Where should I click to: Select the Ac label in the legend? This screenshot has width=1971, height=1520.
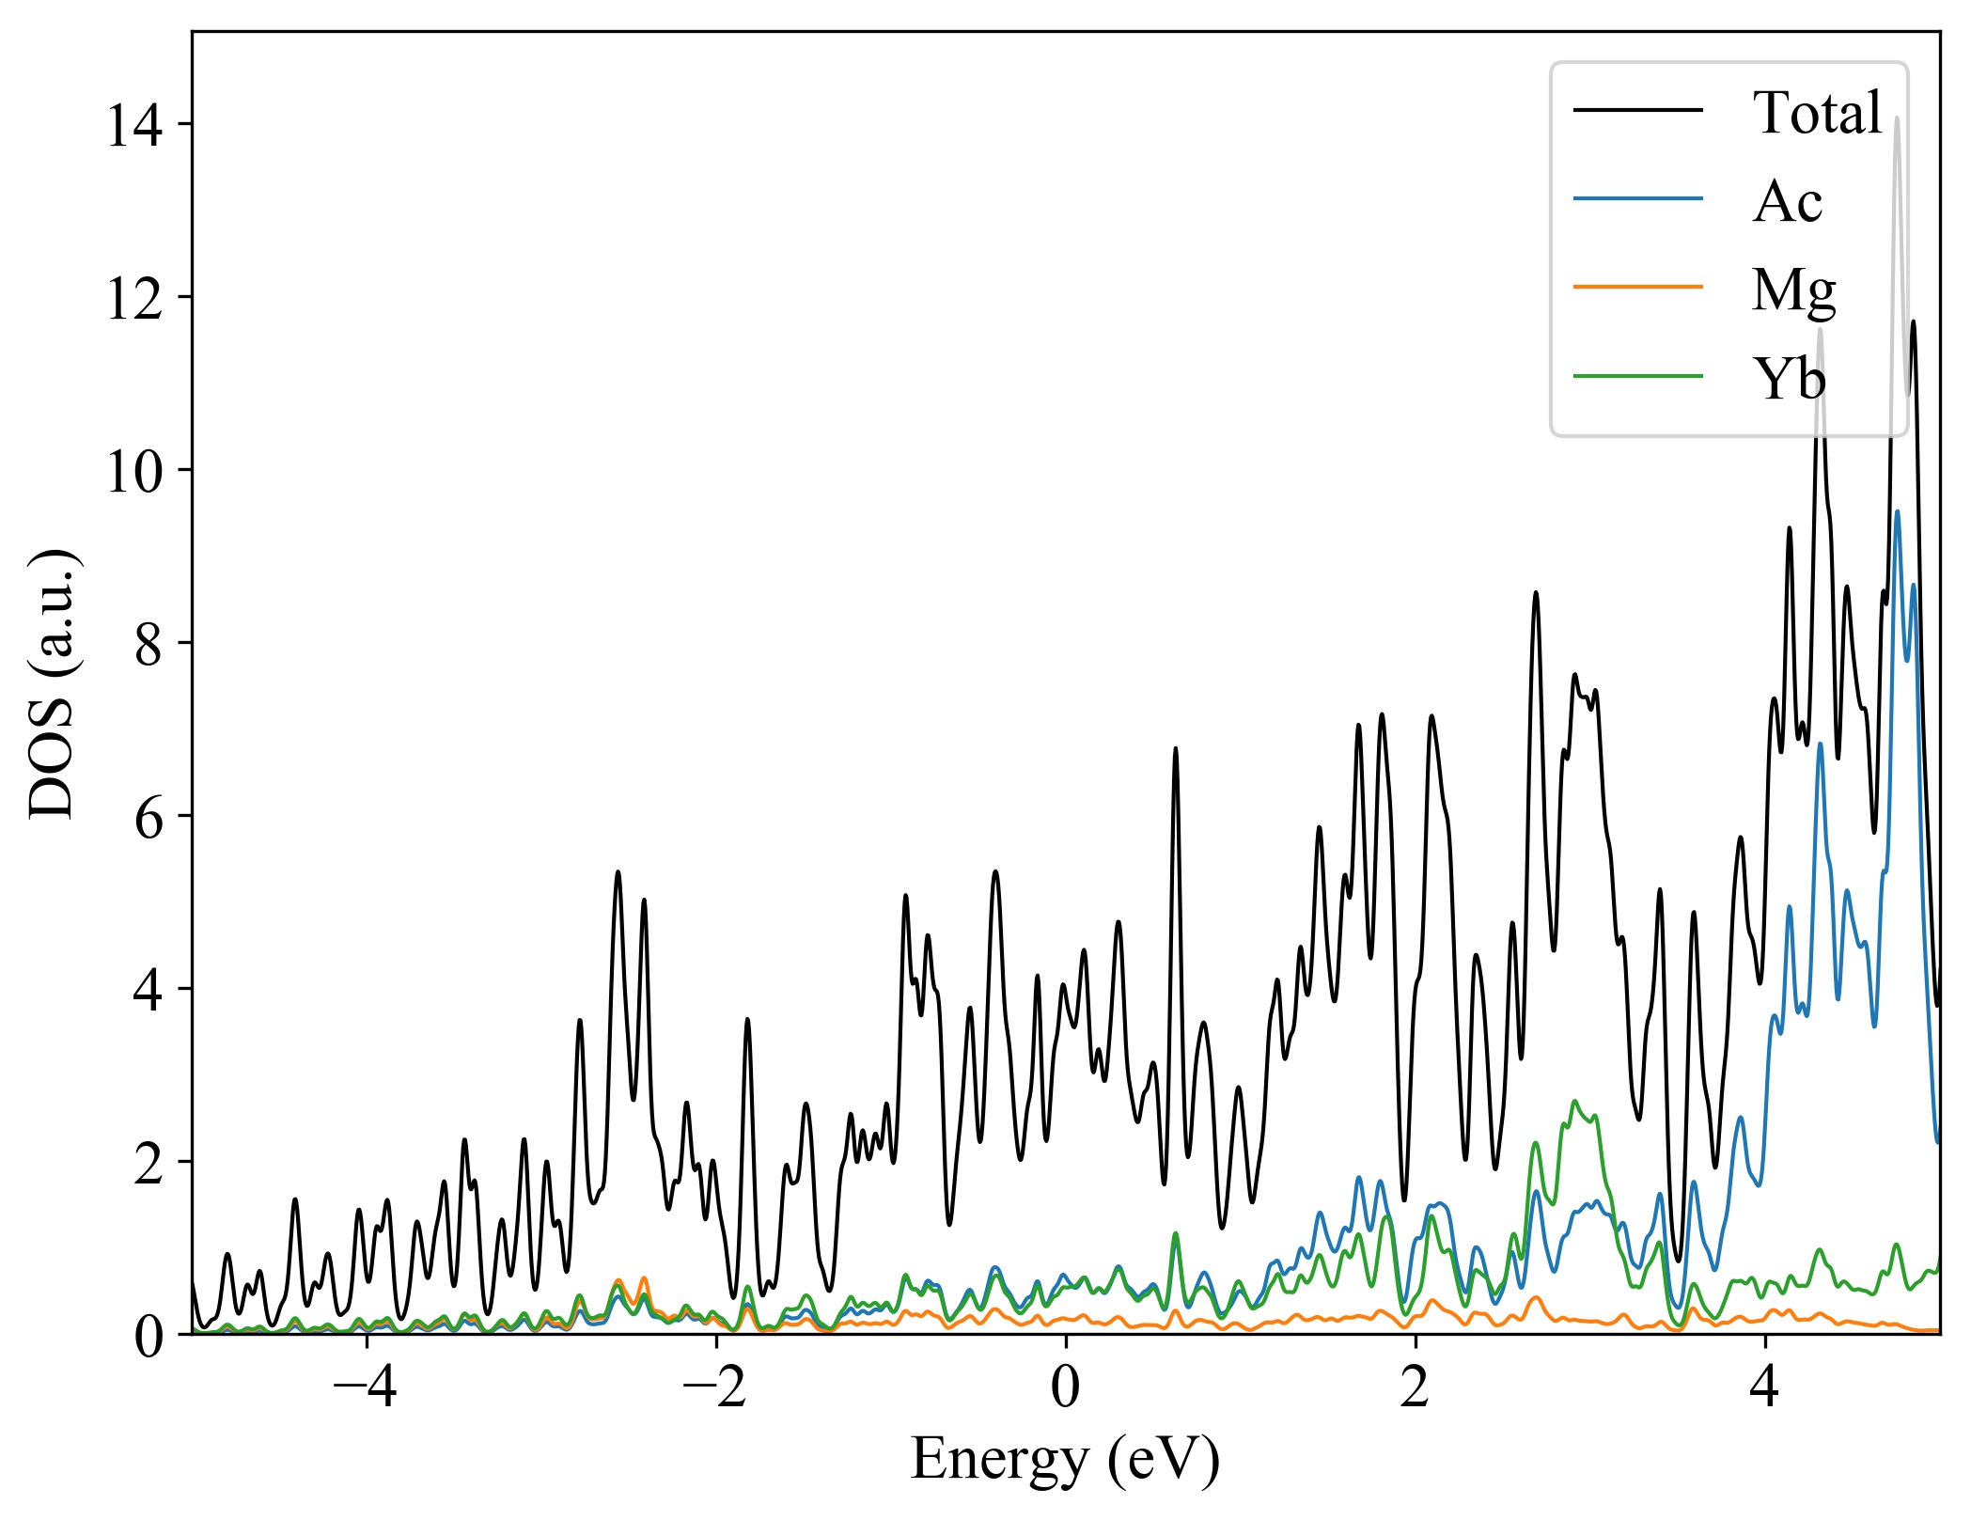(1787, 201)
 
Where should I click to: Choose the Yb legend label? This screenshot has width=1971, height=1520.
(1789, 379)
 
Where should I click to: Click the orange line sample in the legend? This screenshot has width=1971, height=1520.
(1638, 286)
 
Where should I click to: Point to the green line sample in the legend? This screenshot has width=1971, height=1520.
(1638, 376)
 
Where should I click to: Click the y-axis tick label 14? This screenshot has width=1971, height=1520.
(133, 125)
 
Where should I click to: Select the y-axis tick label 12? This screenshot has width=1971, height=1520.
(133, 299)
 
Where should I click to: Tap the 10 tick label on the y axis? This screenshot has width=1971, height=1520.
(133, 471)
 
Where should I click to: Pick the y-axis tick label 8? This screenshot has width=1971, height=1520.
(148, 645)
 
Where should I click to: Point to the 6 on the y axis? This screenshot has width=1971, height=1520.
(148, 818)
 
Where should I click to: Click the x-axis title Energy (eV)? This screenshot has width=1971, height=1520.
(1065, 1460)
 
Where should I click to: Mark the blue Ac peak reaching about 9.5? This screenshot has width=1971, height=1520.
(1897, 512)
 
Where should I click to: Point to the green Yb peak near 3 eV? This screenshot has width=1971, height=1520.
(1574, 1102)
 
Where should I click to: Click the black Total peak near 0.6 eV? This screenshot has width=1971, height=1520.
(1175, 749)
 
